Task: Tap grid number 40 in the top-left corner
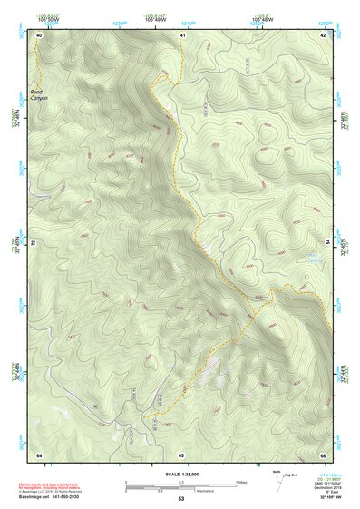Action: pos(40,34)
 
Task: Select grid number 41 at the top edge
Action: pos(182,34)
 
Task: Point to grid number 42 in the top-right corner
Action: pos(323,34)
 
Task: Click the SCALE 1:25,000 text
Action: pos(180,473)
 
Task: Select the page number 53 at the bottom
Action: pos(180,499)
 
